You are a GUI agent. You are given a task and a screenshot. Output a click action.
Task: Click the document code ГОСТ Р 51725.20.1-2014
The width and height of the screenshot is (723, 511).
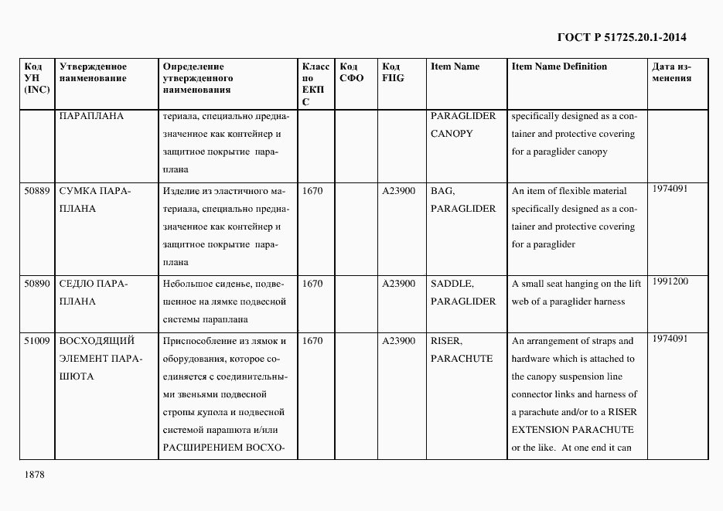(x=622, y=37)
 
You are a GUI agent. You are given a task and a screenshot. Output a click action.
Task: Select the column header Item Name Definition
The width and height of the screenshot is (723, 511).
(x=559, y=66)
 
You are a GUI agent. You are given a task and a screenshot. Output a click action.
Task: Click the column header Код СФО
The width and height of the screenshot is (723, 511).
(x=352, y=72)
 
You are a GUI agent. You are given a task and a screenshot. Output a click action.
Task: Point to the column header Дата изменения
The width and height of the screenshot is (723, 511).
(x=671, y=72)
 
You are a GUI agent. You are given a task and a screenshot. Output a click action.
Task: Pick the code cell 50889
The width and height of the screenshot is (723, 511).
(x=37, y=191)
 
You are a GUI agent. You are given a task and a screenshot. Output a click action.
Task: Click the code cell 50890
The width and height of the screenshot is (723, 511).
(x=37, y=284)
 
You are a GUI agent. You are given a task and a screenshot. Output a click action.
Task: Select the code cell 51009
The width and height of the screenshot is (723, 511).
(x=37, y=341)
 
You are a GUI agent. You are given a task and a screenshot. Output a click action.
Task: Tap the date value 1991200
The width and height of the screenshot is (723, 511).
(x=670, y=281)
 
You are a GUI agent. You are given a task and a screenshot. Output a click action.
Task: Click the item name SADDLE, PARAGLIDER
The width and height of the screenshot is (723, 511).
(x=463, y=292)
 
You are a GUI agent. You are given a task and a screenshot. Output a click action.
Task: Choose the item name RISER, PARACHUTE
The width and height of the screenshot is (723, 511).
(x=462, y=349)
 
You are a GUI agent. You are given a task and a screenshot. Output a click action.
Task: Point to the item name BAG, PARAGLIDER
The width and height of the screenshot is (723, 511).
(x=463, y=199)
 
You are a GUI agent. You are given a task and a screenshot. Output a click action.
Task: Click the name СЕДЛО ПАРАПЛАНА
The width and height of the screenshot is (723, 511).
(x=94, y=292)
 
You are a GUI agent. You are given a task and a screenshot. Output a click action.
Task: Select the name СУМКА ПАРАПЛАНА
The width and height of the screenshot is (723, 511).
(x=94, y=199)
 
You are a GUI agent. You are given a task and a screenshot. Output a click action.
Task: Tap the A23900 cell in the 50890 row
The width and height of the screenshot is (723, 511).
(x=399, y=284)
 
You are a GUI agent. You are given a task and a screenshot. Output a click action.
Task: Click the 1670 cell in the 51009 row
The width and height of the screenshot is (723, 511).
(x=312, y=341)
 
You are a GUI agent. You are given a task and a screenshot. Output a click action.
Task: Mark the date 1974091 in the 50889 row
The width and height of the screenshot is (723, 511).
(x=670, y=189)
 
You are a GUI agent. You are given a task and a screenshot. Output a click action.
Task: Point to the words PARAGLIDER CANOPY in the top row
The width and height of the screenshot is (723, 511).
(x=463, y=124)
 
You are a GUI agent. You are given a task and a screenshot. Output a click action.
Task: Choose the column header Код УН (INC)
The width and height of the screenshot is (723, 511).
(x=37, y=78)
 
